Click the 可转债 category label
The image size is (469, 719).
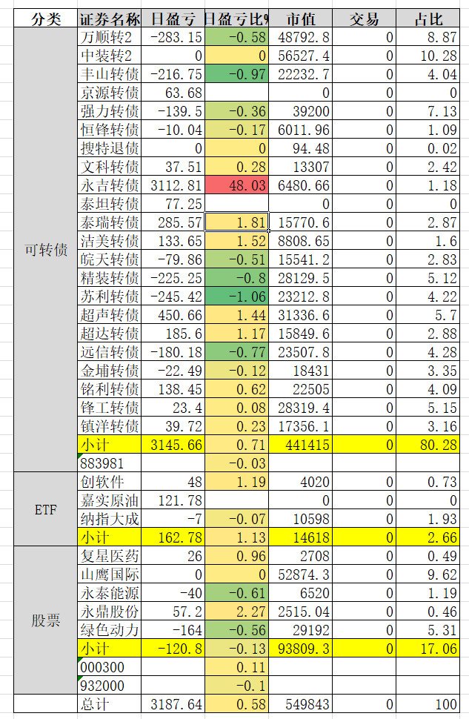click(x=46, y=249)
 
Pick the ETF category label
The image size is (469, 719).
click(x=46, y=508)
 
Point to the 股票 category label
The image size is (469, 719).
click(x=46, y=620)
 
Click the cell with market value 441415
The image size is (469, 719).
click(x=300, y=445)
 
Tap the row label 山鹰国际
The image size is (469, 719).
click(x=110, y=574)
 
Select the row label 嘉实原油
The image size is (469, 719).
click(x=110, y=500)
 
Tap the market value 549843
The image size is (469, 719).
click(x=300, y=703)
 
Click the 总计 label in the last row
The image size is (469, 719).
click(x=110, y=703)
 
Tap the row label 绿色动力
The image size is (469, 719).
click(x=110, y=629)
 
